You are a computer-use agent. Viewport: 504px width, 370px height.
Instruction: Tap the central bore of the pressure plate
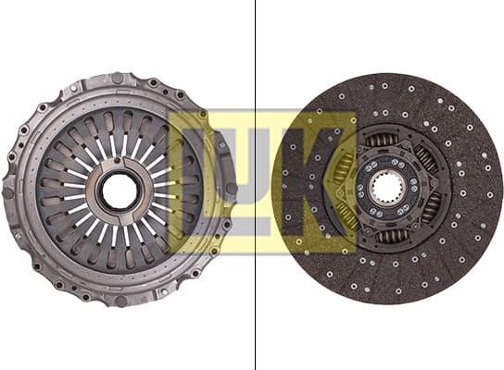click(x=120, y=191)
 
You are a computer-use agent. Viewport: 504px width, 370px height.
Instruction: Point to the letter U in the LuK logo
click(x=255, y=185)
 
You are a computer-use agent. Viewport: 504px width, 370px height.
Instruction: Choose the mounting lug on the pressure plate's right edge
click(x=231, y=189)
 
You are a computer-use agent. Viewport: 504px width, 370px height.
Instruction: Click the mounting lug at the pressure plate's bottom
click(x=120, y=302)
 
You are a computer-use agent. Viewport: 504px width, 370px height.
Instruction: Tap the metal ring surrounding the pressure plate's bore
click(x=120, y=172)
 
